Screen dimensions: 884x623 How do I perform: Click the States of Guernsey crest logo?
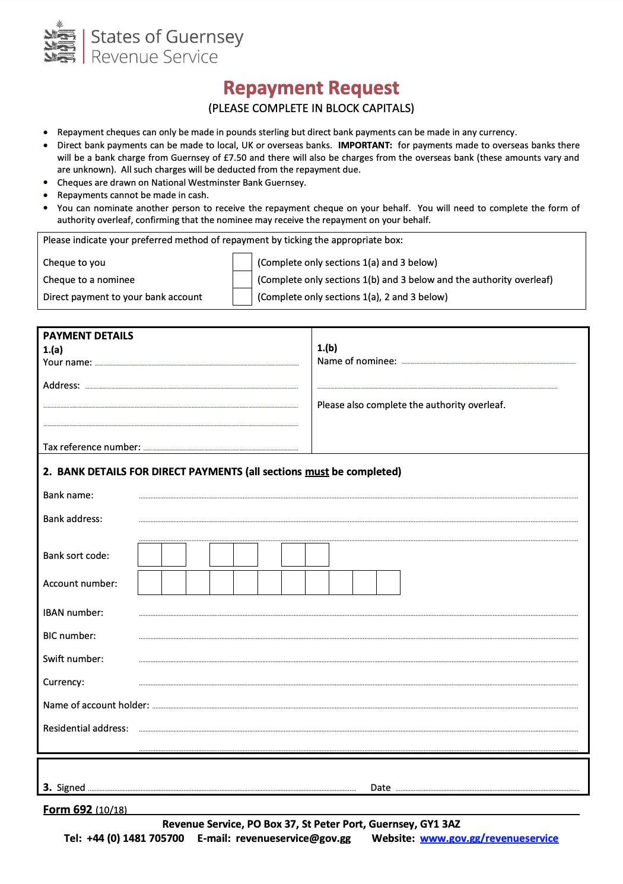point(60,42)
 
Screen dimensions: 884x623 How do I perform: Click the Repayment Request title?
point(311,88)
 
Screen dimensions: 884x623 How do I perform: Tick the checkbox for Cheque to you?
point(242,262)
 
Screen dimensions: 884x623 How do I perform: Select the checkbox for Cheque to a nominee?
point(242,279)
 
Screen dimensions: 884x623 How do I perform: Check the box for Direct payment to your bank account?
point(242,297)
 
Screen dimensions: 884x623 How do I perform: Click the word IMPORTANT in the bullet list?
point(365,145)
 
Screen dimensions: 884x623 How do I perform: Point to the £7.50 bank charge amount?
point(235,158)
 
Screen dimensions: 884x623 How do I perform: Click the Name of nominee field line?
point(488,361)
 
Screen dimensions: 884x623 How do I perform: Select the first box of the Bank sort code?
point(150,555)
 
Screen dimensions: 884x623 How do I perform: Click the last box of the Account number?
point(388,583)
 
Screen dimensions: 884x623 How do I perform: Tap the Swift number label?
point(73,659)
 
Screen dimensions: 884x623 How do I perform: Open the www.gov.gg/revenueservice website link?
point(489,838)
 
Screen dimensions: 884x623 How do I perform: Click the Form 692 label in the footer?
point(68,810)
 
